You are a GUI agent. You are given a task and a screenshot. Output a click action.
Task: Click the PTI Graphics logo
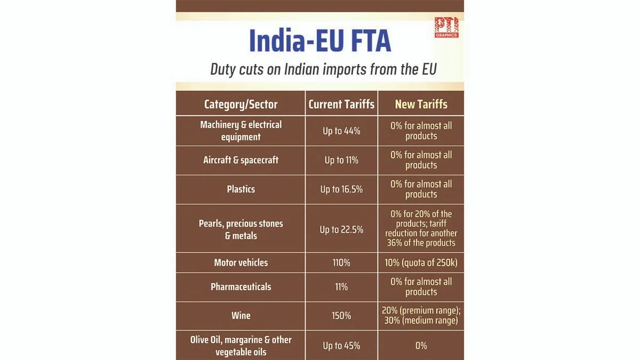(446, 27)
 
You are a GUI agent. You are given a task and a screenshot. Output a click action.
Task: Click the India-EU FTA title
(320, 40)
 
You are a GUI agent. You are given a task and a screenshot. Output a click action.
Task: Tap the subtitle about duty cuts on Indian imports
(323, 69)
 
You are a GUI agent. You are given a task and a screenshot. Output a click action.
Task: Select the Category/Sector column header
(241, 104)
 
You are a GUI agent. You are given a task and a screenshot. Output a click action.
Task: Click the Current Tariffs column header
(341, 104)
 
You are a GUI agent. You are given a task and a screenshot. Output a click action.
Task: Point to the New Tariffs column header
(421, 104)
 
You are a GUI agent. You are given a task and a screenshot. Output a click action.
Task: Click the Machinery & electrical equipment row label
(241, 131)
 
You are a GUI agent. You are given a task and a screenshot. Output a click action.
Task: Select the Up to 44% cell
(341, 131)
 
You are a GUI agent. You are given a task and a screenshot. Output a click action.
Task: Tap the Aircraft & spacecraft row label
(241, 160)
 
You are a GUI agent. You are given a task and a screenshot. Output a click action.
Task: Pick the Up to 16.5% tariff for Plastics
(341, 189)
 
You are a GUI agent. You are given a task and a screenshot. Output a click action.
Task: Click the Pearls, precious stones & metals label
(241, 229)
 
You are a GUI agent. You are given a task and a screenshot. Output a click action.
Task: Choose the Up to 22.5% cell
(341, 229)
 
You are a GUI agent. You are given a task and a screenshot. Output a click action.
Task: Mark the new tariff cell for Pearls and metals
(421, 228)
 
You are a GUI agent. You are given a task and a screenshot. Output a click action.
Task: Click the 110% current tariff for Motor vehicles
(341, 262)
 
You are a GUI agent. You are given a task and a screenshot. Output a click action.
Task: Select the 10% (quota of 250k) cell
(421, 262)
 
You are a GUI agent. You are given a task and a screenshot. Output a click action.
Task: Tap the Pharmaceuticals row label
(241, 286)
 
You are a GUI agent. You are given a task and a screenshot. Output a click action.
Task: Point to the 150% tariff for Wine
(341, 316)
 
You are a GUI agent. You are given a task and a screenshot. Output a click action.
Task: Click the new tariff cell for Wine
(421, 315)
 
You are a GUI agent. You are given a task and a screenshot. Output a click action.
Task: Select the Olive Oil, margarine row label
(241, 346)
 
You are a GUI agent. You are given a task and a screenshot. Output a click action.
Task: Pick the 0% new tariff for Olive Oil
(421, 346)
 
